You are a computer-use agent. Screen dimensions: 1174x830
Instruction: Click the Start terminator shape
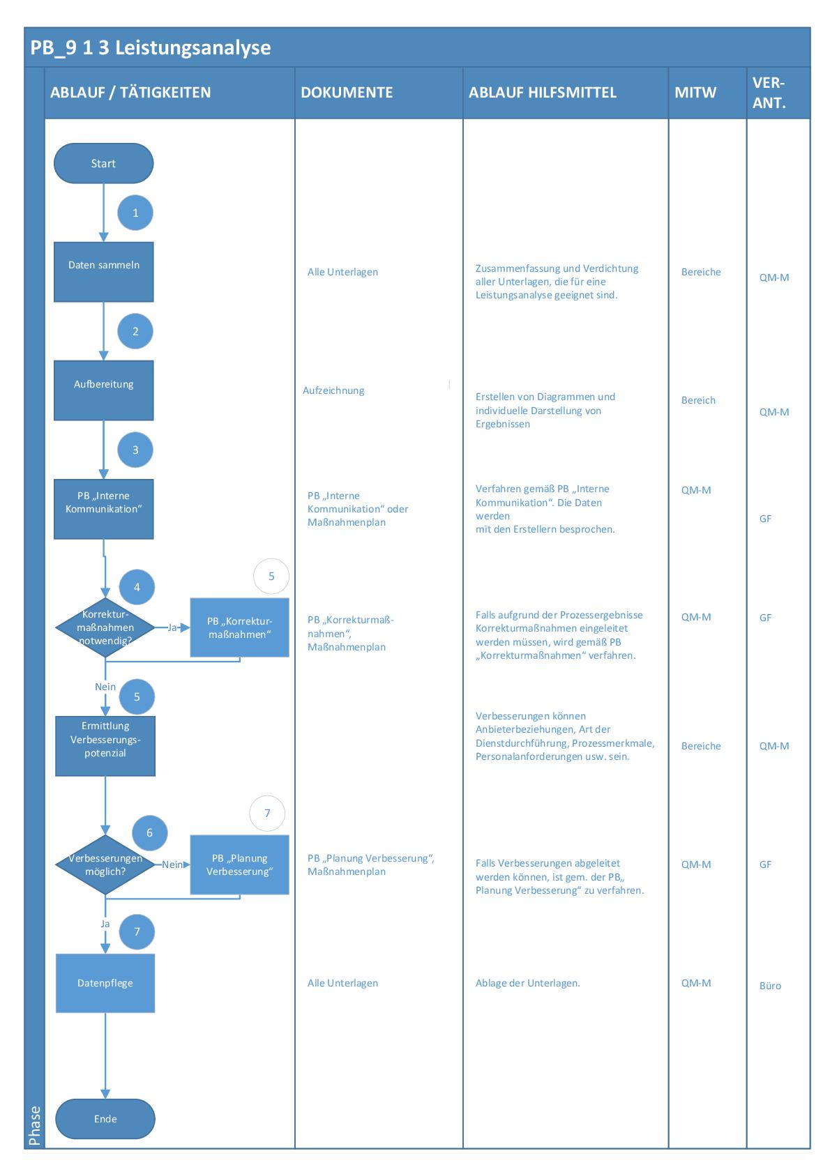[x=103, y=164]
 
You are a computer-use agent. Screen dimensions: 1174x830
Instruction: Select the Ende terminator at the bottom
[x=105, y=1119]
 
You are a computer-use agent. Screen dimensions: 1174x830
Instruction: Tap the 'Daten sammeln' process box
[x=103, y=272]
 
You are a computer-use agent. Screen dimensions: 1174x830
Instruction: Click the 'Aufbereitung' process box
[x=103, y=390]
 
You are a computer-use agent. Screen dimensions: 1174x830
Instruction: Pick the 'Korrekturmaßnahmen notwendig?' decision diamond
[x=105, y=628]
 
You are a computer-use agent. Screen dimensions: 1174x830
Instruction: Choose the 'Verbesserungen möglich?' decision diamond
[x=105, y=865]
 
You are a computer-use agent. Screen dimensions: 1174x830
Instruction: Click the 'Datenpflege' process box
[x=105, y=983]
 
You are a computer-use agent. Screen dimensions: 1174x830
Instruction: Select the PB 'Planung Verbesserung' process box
[x=239, y=865]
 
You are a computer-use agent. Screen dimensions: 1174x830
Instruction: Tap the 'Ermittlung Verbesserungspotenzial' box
[x=105, y=746]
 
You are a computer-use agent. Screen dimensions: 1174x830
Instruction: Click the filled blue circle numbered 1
[x=135, y=213]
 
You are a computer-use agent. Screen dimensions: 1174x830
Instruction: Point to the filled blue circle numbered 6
[x=149, y=832]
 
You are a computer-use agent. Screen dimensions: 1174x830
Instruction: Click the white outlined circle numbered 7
[x=267, y=813]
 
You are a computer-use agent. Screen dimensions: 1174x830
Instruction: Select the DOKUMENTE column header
[x=347, y=93]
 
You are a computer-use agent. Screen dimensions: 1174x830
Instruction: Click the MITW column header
[x=695, y=93]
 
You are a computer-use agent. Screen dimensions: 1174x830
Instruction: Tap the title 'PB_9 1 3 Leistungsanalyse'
[x=151, y=48]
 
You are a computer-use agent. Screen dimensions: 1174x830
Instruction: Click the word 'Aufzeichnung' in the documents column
[x=333, y=390]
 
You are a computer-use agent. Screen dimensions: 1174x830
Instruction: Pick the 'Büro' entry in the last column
[x=770, y=986]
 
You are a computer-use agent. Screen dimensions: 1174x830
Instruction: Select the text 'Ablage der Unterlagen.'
[x=527, y=983]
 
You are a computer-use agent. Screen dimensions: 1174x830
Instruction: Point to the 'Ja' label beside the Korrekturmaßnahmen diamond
[x=172, y=627]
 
